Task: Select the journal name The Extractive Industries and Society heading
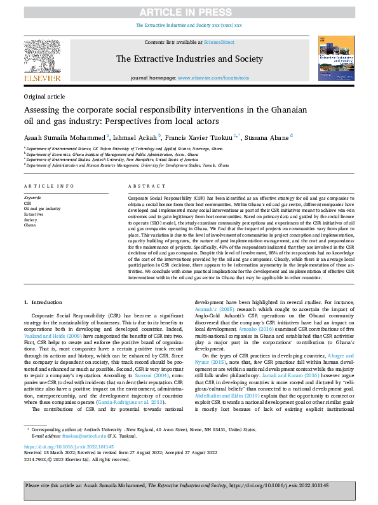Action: (x=189, y=59)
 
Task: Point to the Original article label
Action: (x=44, y=96)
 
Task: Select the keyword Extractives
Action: (x=34, y=214)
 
